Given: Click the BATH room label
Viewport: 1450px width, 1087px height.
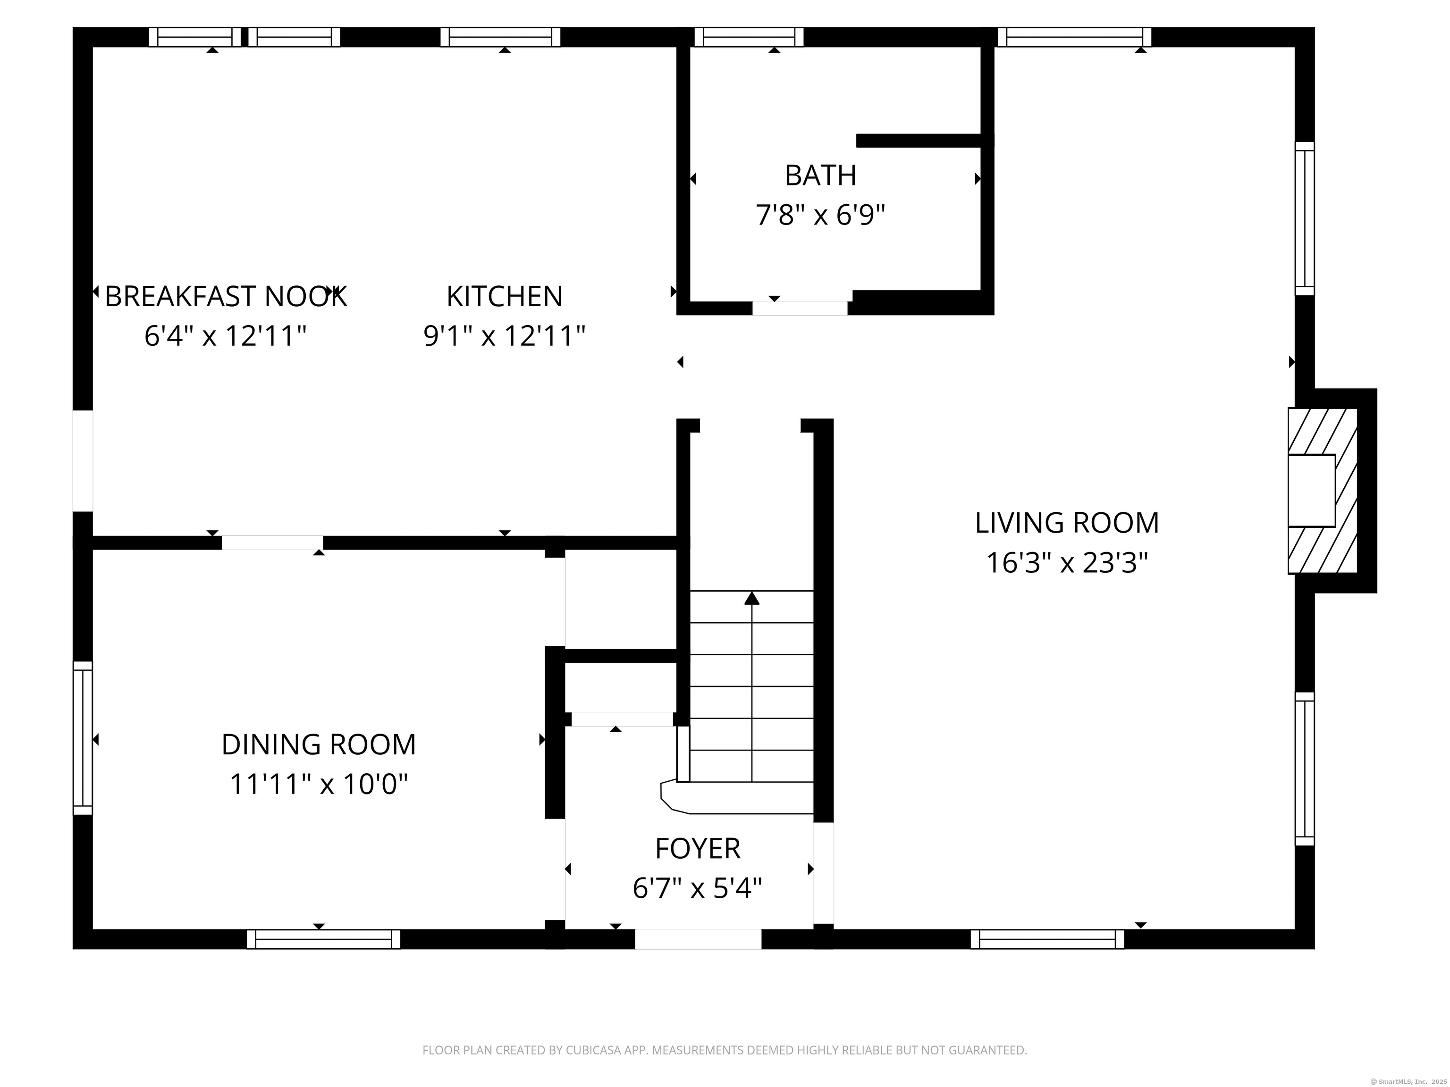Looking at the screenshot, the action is point(820,175).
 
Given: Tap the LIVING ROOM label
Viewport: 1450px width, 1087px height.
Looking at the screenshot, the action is point(1067,523).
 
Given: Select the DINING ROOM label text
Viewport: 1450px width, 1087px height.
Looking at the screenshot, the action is point(319,744).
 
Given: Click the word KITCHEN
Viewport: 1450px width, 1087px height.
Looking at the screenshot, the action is point(504,296).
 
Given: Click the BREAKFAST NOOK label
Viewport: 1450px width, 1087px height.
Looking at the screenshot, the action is point(226,296).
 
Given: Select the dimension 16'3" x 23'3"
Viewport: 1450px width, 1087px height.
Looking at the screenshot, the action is point(1067,563).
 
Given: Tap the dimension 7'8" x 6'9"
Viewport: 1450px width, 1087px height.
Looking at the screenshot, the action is point(820,215).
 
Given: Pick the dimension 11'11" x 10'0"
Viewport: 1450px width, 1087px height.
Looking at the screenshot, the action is point(319,784).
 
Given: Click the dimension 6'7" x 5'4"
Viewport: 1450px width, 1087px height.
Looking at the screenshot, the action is point(698,888).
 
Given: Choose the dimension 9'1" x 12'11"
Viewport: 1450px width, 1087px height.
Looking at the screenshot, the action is point(504,336).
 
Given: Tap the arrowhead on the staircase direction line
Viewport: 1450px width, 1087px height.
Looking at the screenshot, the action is point(752,598).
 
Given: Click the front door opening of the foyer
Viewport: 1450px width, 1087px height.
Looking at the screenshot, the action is point(698,939).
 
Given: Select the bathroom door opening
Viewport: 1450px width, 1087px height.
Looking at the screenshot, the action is point(800,308).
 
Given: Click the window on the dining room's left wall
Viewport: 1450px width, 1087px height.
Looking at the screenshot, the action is point(83,738).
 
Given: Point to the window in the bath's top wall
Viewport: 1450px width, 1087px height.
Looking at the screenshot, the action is point(749,37).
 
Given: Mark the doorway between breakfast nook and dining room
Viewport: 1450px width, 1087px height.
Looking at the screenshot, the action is point(272,543).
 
